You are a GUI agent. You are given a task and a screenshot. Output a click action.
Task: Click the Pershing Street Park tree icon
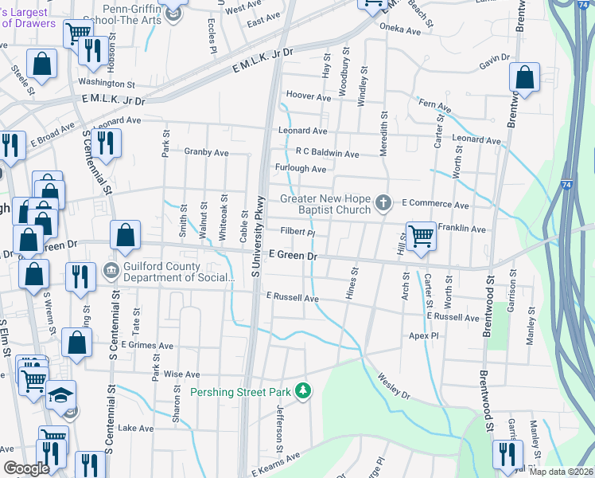(x=302, y=390)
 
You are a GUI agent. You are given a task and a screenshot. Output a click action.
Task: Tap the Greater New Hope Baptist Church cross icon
(x=383, y=202)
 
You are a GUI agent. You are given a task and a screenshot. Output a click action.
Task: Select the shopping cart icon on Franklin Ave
(x=421, y=234)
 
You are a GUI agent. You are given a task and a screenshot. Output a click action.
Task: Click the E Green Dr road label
(x=293, y=256)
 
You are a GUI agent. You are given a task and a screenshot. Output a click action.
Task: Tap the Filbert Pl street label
(x=298, y=233)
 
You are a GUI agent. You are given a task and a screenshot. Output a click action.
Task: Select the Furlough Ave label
(x=301, y=169)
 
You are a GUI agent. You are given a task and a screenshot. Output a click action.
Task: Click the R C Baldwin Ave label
(x=327, y=153)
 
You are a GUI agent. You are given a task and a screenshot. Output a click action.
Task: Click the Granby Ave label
(x=206, y=152)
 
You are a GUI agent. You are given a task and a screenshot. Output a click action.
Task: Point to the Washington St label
(x=107, y=83)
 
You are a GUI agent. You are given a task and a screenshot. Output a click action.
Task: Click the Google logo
(x=26, y=468)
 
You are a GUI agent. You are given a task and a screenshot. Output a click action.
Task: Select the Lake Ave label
(x=135, y=428)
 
